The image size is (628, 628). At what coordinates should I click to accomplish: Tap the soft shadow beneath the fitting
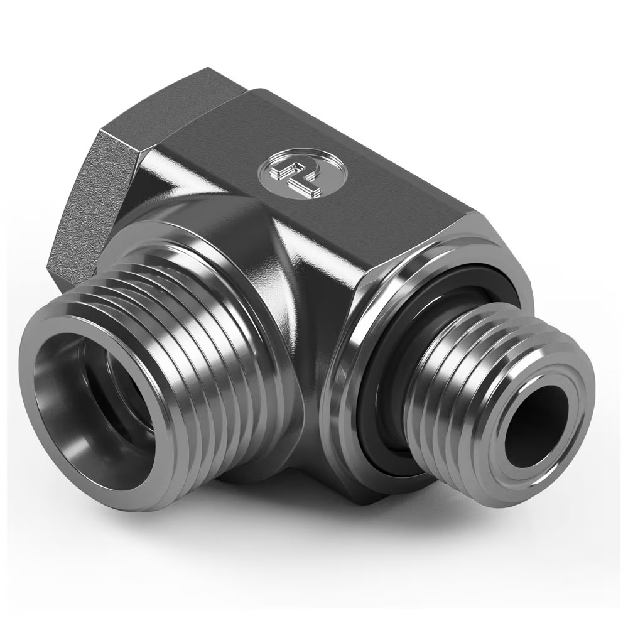click(x=377, y=534)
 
